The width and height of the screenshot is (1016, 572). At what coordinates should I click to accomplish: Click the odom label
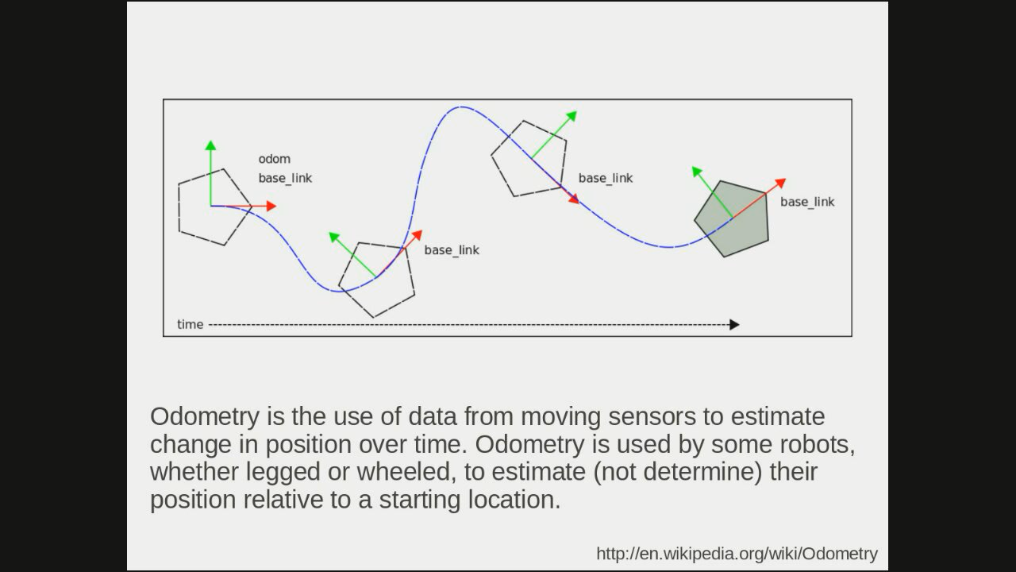[274, 159]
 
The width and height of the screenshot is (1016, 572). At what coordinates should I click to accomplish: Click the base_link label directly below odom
[285, 178]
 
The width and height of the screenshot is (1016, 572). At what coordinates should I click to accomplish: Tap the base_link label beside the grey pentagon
[807, 202]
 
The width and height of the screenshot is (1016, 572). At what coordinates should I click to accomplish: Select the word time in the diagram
[190, 324]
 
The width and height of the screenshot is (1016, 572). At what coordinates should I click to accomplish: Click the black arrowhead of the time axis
[734, 324]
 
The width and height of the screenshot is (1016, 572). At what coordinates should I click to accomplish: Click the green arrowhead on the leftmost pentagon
[210, 146]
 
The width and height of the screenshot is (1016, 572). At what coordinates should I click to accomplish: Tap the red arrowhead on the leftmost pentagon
[271, 206]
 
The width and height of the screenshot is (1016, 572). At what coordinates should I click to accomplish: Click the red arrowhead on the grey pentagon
[780, 184]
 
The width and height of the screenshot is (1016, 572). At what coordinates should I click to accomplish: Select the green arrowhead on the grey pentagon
[697, 172]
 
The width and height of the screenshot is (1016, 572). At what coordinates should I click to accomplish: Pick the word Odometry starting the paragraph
[204, 417]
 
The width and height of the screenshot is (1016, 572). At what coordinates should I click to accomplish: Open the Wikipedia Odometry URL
[737, 554]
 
